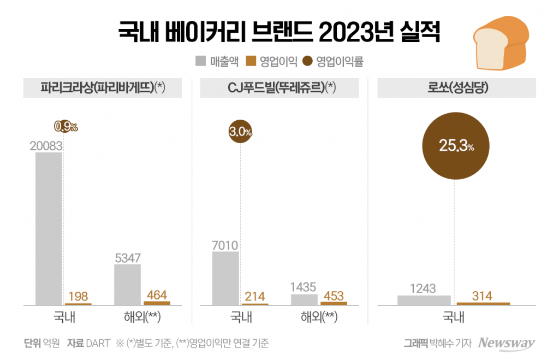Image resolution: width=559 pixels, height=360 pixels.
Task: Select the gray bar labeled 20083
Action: click(x=49, y=228)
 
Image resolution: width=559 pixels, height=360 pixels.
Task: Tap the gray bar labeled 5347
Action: click(x=127, y=284)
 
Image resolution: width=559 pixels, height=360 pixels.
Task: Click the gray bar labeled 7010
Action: click(x=225, y=278)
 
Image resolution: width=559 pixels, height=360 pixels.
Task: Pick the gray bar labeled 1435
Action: click(x=304, y=299)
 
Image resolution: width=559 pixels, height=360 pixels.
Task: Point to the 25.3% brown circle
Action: click(x=455, y=146)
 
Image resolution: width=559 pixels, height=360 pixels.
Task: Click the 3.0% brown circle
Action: click(x=240, y=132)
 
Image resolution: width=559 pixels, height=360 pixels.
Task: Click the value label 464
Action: click(x=157, y=295)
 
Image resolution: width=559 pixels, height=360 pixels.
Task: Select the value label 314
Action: click(x=482, y=296)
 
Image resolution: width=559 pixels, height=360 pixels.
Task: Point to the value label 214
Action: click(x=255, y=297)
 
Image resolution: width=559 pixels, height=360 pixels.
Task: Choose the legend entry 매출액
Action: click(x=217, y=61)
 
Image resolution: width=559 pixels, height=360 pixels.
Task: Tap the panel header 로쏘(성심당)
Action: click(x=456, y=88)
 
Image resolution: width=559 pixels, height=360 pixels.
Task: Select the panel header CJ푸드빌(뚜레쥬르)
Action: click(x=279, y=88)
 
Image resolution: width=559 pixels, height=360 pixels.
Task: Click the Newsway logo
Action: click(x=506, y=343)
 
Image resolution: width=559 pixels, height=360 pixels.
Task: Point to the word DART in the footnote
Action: click(x=98, y=343)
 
